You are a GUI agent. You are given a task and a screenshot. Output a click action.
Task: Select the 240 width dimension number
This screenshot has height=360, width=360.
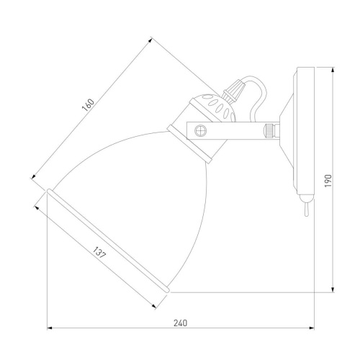pos(181,323)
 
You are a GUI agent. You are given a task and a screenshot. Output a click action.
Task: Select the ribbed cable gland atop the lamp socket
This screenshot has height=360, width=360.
pos(232,91)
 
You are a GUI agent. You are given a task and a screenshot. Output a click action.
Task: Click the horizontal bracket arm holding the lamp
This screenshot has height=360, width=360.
pos(230,131)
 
